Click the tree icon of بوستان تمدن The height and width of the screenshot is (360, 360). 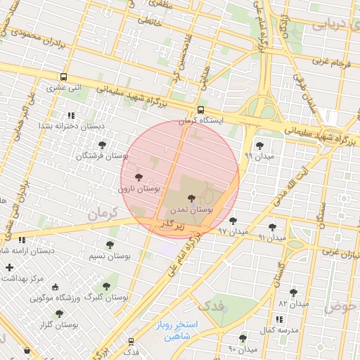pos(192,200)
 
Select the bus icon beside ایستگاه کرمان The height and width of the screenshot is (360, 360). pos(201,110)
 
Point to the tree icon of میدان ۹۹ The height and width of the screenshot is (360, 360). pos(259,146)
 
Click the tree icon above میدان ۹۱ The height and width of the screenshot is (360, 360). pos(272,227)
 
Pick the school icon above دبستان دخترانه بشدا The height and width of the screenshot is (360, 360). pos(70,115)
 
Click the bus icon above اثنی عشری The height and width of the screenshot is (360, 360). pos(64,77)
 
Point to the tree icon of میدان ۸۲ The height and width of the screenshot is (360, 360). pos(293,292)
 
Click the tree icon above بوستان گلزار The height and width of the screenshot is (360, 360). pos(58,314)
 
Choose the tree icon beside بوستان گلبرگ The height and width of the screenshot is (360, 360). pos(106,286)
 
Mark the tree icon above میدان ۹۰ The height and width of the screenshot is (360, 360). pos(243,338)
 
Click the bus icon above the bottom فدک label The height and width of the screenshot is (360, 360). pos(131,340)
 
